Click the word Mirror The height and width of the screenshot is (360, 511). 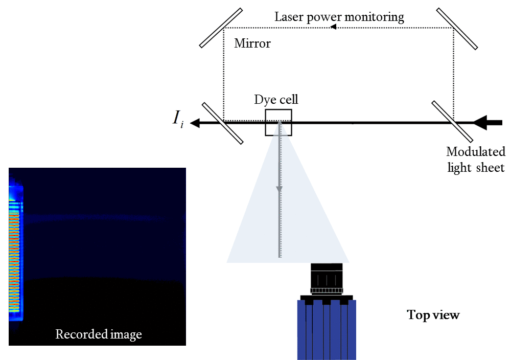point(252,43)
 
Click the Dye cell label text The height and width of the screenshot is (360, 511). point(276,99)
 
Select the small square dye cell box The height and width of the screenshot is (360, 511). point(278,123)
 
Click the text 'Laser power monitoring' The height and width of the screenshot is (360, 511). point(339,17)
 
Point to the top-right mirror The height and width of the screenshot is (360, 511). point(457,29)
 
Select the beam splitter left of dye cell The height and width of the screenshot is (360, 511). point(222,123)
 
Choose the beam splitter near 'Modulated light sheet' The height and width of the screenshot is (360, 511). point(452,122)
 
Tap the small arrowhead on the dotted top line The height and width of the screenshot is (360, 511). point(333,28)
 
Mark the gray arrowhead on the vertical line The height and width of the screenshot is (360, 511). point(280,189)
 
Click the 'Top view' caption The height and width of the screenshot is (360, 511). point(433,315)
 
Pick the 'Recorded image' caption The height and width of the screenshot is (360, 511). point(98,334)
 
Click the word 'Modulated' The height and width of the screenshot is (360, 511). point(475,152)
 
